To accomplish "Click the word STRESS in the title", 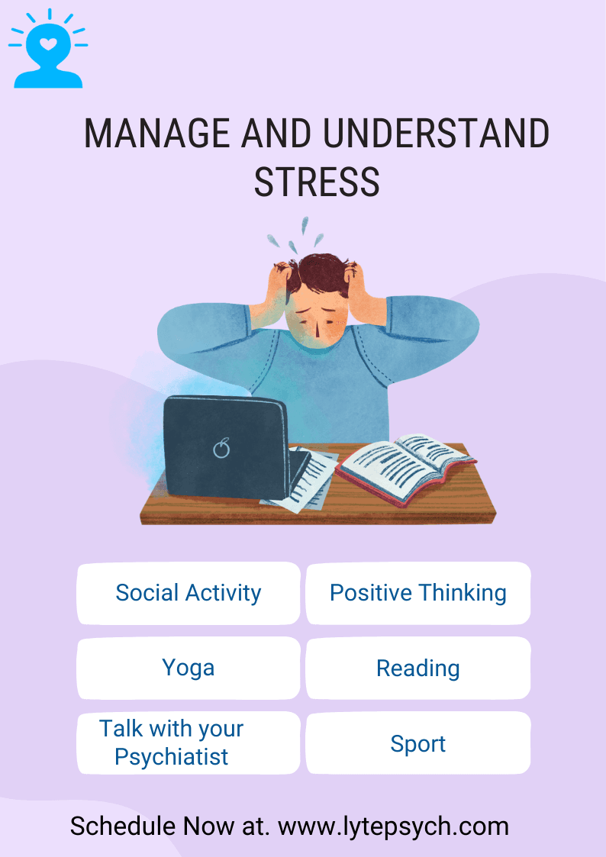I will click(317, 182).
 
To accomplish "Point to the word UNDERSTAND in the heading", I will click(435, 134).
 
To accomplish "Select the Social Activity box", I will click(189, 593).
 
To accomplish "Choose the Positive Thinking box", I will click(417, 593).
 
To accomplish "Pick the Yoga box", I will click(189, 668).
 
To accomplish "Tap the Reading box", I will click(417, 669).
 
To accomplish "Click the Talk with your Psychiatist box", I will click(189, 743).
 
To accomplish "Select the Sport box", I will click(417, 743).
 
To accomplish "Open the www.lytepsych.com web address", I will click(393, 826).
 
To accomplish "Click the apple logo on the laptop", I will click(221, 448).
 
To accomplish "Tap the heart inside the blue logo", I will click(48, 43).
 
